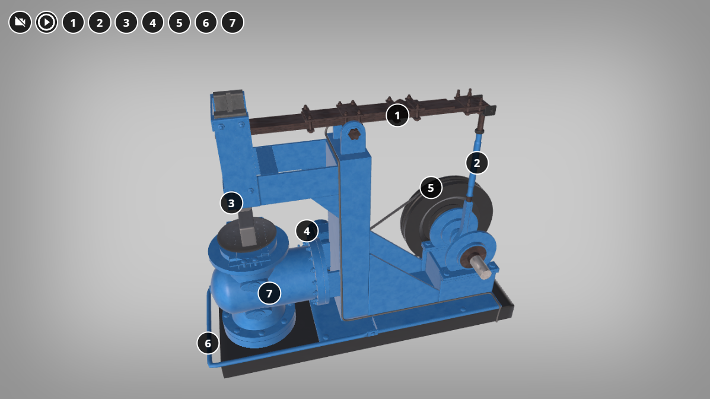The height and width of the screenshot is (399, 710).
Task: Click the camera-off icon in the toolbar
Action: tap(20, 22)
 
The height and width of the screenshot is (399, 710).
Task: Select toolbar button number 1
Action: tap(73, 22)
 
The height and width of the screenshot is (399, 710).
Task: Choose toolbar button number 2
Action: tap(100, 22)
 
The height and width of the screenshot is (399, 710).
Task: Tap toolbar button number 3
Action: tap(126, 22)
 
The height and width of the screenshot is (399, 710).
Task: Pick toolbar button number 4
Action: tap(152, 22)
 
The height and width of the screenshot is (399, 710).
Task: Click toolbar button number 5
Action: tap(179, 22)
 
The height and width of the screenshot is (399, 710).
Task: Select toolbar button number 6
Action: tap(206, 22)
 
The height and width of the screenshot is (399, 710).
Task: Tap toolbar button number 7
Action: tap(233, 22)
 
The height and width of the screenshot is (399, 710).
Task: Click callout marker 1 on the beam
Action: tap(397, 116)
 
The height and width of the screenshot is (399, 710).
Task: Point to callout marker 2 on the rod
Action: tap(477, 163)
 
